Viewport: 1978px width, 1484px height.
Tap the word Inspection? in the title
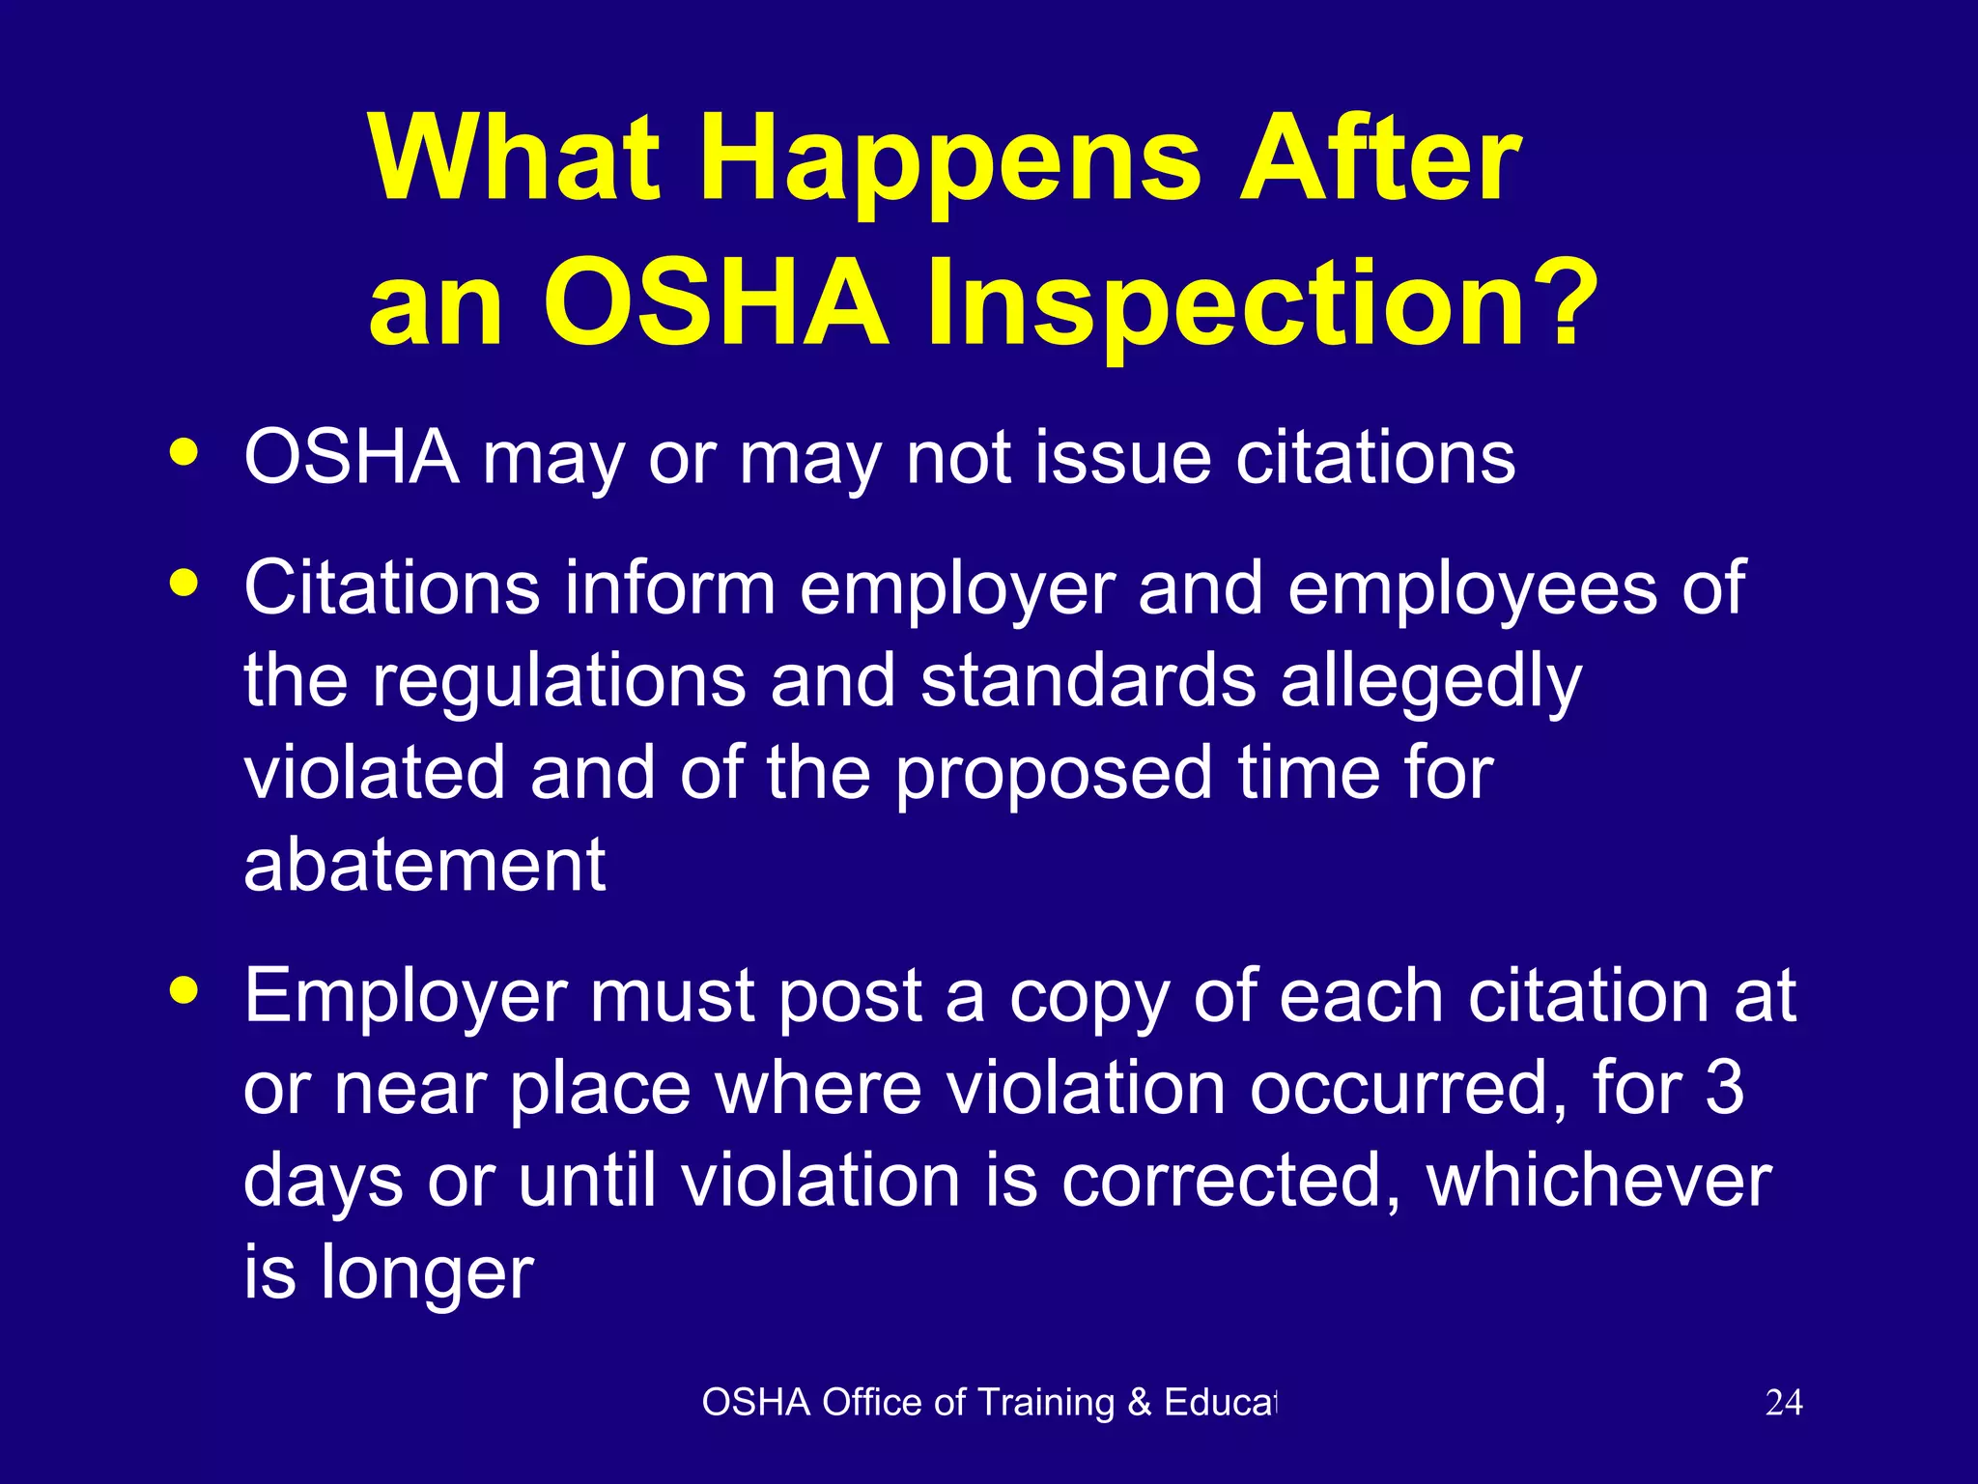tap(1261, 303)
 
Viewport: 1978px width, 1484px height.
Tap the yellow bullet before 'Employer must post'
tap(184, 990)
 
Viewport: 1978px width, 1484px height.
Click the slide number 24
tap(1783, 1403)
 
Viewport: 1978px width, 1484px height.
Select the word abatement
tap(424, 865)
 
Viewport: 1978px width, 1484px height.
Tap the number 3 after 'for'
tap(1724, 1088)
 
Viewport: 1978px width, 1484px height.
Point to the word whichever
tap(1598, 1181)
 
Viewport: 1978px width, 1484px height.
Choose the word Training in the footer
tap(1046, 1403)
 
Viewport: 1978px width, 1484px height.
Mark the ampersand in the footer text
tap(1140, 1403)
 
